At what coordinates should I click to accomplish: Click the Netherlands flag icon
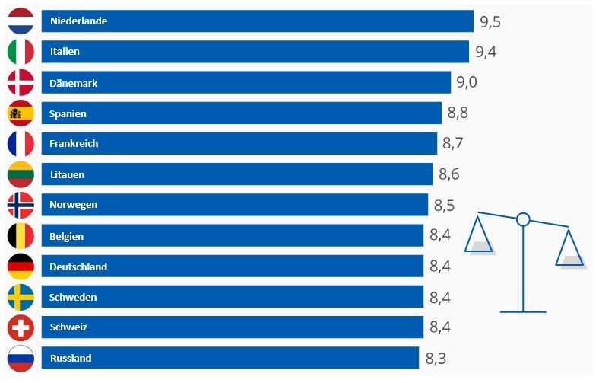[x=21, y=21]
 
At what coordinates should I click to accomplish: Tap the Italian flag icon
[x=21, y=52]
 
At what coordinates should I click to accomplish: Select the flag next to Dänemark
[x=21, y=82]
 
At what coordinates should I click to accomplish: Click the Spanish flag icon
[x=21, y=113]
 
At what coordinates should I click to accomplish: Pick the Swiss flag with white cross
[x=21, y=327]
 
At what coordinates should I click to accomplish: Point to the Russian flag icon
[x=21, y=358]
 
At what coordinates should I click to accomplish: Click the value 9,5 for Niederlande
[x=490, y=21]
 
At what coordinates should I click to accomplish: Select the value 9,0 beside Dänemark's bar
[x=467, y=82]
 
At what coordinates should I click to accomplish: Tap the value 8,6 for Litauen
[x=448, y=174]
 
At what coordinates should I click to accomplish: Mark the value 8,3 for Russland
[x=435, y=358]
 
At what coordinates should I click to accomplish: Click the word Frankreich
[x=74, y=144]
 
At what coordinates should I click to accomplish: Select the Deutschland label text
[x=78, y=267]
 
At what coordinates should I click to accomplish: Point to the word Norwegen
[x=73, y=205]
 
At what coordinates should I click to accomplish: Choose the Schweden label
[x=73, y=297]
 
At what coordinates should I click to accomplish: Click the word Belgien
[x=66, y=236]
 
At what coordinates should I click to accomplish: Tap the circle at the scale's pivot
[x=523, y=220]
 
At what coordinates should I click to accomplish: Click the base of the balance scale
[x=523, y=311]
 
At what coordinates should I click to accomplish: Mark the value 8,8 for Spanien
[x=458, y=113]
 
